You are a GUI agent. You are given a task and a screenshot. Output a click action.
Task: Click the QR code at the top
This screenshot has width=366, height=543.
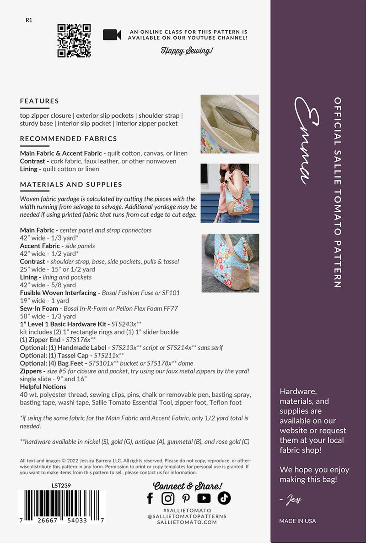74,41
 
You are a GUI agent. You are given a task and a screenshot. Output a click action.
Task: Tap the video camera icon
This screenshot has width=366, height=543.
112,35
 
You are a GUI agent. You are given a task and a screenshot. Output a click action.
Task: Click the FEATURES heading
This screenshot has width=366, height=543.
39,101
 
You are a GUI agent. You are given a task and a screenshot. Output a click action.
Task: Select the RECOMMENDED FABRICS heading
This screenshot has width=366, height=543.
69,138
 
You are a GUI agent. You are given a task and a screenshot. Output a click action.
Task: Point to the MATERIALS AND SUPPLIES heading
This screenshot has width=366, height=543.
71,185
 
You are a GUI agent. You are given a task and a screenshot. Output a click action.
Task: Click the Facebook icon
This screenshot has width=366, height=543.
150,498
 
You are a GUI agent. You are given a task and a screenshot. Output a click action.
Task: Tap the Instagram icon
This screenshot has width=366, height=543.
168,498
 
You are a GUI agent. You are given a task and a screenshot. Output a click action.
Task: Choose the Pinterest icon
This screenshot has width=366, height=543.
186,498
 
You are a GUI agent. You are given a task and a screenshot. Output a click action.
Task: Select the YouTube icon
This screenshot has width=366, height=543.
204,498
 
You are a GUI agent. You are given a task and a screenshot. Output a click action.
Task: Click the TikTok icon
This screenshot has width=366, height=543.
224,498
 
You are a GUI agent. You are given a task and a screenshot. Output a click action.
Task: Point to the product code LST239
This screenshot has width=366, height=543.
62,486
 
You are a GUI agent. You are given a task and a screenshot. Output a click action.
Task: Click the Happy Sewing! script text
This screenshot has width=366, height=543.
187,51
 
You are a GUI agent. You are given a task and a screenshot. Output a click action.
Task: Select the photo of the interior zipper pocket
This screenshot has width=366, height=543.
230,124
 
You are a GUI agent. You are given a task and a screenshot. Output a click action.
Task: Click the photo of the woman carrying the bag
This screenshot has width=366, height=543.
230,193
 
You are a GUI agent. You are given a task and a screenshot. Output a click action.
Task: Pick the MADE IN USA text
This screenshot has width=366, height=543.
297,521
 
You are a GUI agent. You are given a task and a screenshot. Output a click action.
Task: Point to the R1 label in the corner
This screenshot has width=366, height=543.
29,20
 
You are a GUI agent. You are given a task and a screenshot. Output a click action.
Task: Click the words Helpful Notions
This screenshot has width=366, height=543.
43,387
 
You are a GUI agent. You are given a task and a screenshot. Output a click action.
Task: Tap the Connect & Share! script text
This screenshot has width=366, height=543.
188,486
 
